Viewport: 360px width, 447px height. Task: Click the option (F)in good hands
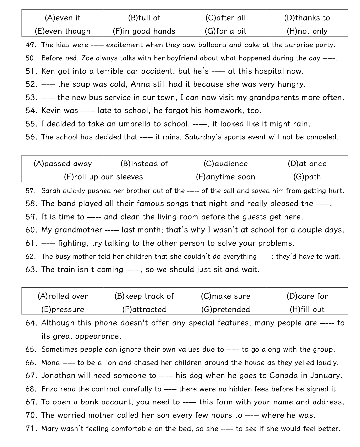[x=144, y=31]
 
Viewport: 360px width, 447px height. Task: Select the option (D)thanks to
[x=307, y=18]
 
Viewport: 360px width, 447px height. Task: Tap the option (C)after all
[x=225, y=18]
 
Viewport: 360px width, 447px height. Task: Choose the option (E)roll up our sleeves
[x=103, y=177]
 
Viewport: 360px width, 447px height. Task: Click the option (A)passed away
[x=63, y=164]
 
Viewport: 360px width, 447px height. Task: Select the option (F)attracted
[x=144, y=309]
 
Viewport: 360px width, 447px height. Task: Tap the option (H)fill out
[x=307, y=309]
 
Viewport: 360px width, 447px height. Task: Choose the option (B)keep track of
[x=144, y=296]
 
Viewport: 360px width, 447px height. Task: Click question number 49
[x=30, y=45]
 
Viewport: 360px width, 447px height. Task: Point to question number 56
[x=31, y=137]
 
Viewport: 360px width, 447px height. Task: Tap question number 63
[x=31, y=270]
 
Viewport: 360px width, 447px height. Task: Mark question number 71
[x=30, y=429]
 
